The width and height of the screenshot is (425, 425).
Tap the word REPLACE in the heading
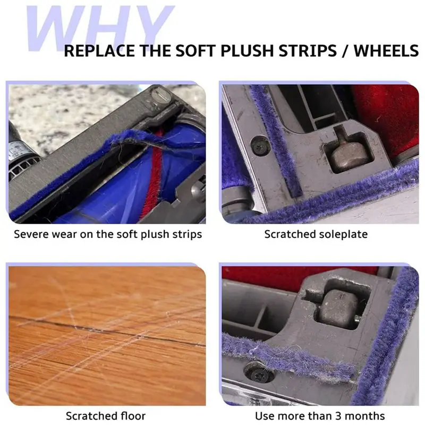[99, 51]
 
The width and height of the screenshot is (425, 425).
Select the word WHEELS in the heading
[386, 51]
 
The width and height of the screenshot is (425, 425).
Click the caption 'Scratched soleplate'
[316, 234]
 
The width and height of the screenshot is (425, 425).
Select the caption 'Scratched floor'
[105, 416]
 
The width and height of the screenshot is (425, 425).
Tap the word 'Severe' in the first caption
[31, 234]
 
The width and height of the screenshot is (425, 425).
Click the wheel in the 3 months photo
[334, 308]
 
